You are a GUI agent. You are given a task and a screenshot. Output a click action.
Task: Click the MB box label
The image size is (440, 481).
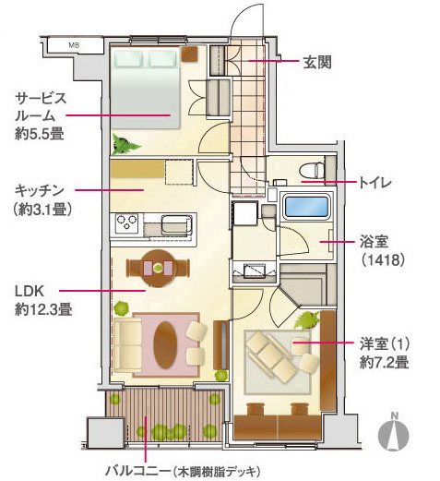point(74,43)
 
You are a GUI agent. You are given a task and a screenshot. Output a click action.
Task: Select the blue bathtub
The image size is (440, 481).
point(308,208)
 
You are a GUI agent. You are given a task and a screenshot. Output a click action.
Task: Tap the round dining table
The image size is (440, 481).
point(158,268)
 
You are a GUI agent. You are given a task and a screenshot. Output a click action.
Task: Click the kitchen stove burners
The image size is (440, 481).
point(125,223)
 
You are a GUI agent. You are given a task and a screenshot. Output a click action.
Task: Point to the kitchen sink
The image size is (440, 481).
point(173,224)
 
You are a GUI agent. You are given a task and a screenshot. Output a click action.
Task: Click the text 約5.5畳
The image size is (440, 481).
point(39,134)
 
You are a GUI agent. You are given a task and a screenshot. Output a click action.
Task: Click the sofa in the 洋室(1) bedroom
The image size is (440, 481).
point(273,355)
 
